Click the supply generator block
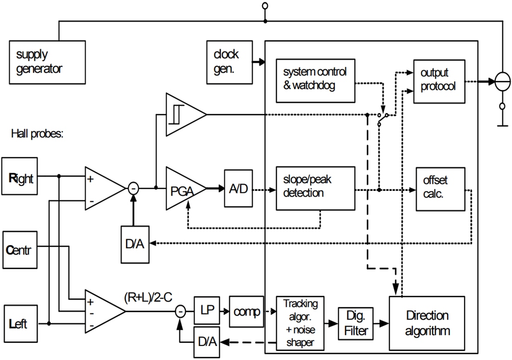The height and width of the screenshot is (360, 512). coord(47,62)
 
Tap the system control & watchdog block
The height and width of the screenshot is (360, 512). coord(315,80)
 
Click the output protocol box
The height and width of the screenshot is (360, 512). coord(439,81)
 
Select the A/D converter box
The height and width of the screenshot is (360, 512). coord(239,188)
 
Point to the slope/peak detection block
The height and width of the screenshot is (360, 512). coord(315,188)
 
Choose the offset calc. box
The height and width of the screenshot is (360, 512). coord(440,188)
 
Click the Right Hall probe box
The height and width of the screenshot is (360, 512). coord(20,177)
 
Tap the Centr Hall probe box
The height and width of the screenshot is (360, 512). coord(20,250)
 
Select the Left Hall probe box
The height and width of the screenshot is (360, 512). coord(20,323)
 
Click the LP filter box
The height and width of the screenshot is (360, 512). coord(206,311)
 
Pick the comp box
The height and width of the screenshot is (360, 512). coord(246,311)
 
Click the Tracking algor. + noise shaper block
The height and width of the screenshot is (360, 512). coord(300,323)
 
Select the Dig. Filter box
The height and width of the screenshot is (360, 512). coord(356,323)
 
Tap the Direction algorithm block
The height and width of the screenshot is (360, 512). coord(427,323)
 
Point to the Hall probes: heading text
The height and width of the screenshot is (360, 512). coord(37,134)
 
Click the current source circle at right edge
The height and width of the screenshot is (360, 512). coord(502,82)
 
